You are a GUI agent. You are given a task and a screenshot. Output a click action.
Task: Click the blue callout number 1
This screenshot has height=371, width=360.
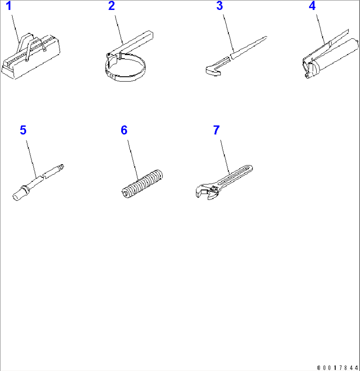[9, 6]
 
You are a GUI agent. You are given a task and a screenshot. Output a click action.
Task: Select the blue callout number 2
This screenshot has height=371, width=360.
[112, 6]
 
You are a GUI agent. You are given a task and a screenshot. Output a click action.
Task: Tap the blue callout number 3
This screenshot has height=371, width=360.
[220, 6]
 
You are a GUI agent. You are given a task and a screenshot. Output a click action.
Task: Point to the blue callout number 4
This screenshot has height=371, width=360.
[312, 6]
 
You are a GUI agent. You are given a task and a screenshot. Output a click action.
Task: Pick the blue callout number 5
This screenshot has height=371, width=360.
[23, 130]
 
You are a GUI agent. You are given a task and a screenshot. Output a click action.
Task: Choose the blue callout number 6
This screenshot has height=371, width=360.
[124, 130]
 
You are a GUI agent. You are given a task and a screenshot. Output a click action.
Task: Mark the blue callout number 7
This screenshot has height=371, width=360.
[216, 130]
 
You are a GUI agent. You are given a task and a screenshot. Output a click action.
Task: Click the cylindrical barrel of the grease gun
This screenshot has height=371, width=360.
[336, 56]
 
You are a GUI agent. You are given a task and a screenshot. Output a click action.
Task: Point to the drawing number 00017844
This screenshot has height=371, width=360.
[338, 368]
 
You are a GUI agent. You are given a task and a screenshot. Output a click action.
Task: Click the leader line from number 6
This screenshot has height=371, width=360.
[133, 160]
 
